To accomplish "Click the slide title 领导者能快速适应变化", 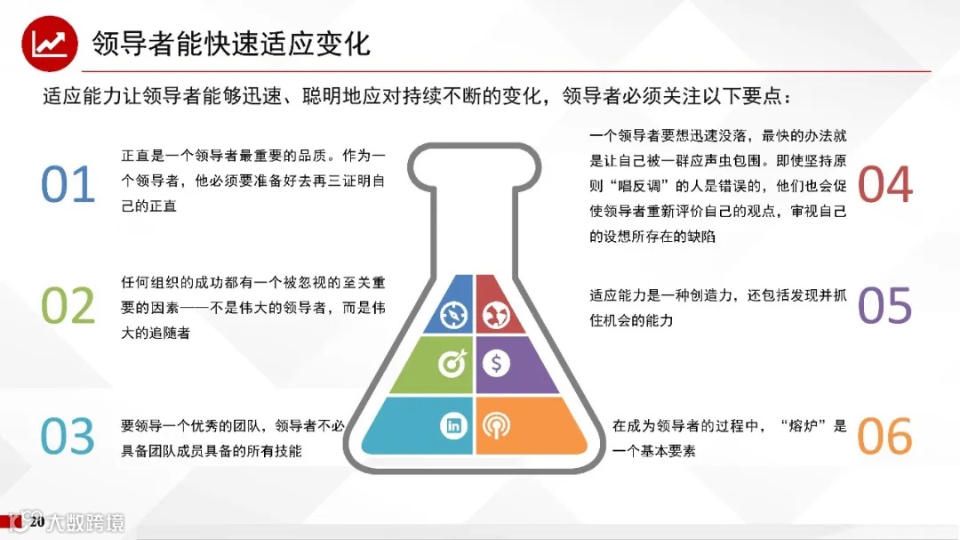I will [231, 43].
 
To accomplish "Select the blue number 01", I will [68, 184].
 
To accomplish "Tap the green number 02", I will [68, 306].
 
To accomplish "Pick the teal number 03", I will [68, 436].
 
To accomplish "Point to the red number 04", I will [885, 184].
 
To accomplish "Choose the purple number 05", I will [885, 306].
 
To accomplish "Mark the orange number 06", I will [885, 436].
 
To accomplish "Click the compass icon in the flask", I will [452, 314].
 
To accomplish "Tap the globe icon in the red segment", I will [494, 314].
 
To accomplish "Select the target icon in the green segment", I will [452, 363].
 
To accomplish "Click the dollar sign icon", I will [495, 363].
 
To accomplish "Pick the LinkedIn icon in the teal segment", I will [453, 424].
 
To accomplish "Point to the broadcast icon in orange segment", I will [495, 424].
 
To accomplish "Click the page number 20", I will [36, 521].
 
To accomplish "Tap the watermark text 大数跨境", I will [87, 522].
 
